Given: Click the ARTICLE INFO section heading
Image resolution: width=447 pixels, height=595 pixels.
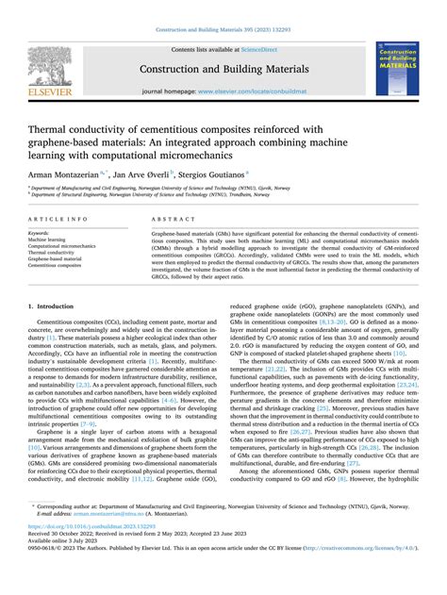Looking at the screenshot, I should pyautogui.click(x=58, y=218).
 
